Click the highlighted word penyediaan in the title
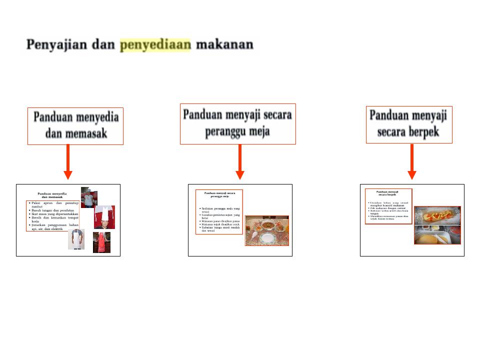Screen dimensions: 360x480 click(155, 45)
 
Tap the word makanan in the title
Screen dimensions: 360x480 click(224, 45)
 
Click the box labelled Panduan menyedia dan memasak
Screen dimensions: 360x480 click(75, 126)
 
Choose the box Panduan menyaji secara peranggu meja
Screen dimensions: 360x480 click(237, 123)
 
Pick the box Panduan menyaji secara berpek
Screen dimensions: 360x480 click(408, 124)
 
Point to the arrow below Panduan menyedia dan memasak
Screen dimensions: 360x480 click(68, 162)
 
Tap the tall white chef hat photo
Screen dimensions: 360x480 click(104, 216)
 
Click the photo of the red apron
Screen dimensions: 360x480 click(101, 242)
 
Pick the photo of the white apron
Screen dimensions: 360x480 click(76, 239)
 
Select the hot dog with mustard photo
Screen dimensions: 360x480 click(437, 215)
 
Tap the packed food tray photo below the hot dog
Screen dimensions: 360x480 click(437, 234)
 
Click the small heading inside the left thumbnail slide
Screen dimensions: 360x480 click(52, 195)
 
